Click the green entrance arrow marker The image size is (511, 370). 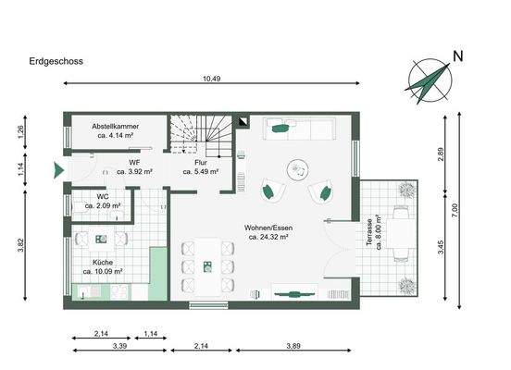tap(58, 170)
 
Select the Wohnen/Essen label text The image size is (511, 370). tap(268, 232)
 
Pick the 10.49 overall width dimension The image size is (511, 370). tap(212, 79)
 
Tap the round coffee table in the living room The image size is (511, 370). tap(298, 168)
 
